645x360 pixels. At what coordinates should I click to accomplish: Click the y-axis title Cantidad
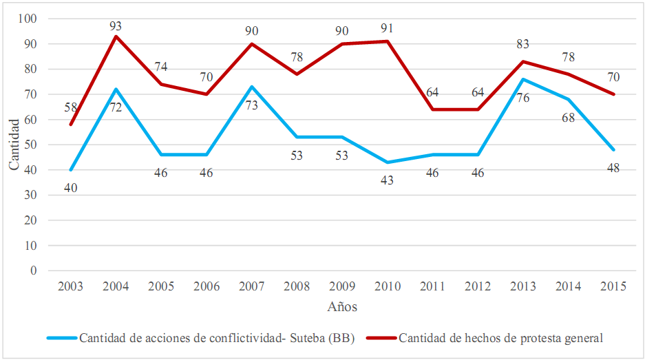[x=14, y=145]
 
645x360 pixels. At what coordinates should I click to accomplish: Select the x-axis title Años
[x=342, y=307]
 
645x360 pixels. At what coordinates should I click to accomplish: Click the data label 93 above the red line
[x=116, y=26]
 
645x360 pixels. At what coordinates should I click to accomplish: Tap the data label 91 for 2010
[x=388, y=29]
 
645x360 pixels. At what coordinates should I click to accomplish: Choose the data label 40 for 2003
[x=70, y=187]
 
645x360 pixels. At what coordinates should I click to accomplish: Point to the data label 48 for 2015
[x=613, y=168]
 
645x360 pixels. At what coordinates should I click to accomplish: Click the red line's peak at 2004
[x=116, y=36]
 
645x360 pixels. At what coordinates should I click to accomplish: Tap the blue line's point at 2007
[x=252, y=87]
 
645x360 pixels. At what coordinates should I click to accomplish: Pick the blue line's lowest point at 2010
[x=388, y=162]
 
